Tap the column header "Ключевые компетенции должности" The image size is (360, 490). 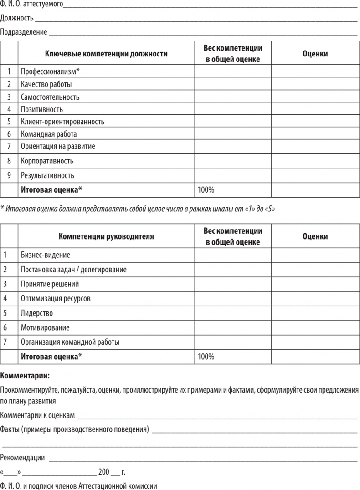click(x=106, y=53)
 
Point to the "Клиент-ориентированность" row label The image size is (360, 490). click(x=62, y=122)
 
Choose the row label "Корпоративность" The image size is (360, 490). click(x=47, y=161)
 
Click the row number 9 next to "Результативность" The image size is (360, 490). click(x=9, y=175)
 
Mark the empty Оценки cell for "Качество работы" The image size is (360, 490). click(x=315, y=84)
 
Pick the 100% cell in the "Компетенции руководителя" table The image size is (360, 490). click(x=206, y=357)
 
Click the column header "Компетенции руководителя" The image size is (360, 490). click(x=106, y=236)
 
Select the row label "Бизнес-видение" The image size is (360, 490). click(x=46, y=255)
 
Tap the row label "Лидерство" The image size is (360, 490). click(x=37, y=313)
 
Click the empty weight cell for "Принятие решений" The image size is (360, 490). click(x=233, y=284)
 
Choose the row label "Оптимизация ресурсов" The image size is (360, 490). click(x=56, y=298)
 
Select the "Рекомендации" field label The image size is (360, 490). click(x=23, y=458)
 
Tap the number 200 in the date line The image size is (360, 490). click(x=104, y=471)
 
